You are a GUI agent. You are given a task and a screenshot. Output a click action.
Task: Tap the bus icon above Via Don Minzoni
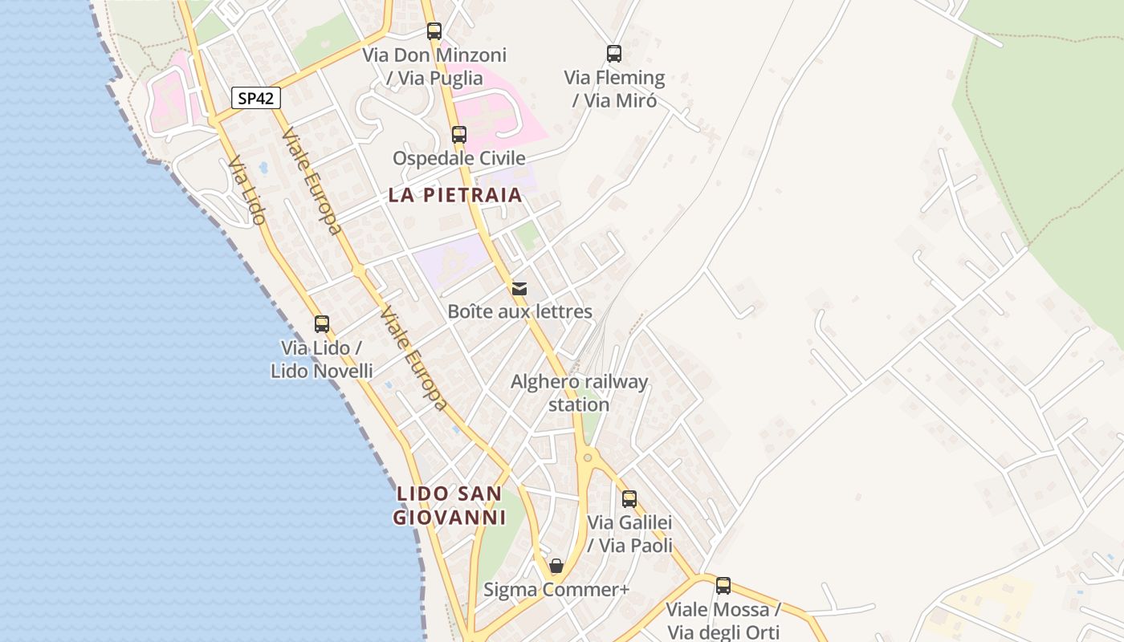[x=434, y=32]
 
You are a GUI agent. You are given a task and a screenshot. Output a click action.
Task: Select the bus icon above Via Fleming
[x=614, y=55]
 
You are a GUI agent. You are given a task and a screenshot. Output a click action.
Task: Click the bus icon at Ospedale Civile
[x=459, y=135]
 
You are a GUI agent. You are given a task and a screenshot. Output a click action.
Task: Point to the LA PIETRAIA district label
[x=455, y=195]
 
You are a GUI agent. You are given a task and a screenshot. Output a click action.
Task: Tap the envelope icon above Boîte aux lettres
[x=519, y=289]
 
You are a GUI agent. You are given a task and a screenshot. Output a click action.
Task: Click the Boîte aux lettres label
[x=519, y=311]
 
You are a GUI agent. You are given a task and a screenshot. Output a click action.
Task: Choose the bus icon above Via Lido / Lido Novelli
[x=322, y=324]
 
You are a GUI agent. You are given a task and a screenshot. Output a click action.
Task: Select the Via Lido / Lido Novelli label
[x=321, y=360]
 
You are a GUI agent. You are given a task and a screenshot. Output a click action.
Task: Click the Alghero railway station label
[x=579, y=393]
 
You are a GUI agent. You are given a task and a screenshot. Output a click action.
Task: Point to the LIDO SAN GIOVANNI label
[x=450, y=506]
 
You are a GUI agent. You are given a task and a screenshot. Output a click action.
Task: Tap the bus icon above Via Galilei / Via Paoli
[x=629, y=499]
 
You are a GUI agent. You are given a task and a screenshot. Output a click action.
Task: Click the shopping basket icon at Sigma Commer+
[x=556, y=567]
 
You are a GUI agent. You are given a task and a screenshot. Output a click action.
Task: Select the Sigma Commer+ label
[x=556, y=590]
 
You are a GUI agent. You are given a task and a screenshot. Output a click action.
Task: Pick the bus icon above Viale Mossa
[x=723, y=586]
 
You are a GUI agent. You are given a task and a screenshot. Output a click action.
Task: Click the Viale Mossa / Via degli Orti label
[x=723, y=620]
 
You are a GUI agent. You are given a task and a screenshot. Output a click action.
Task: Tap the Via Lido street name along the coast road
[x=246, y=190]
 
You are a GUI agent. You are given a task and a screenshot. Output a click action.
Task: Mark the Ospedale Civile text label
[x=458, y=158]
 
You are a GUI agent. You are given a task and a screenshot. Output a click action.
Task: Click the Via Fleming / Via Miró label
[x=614, y=89]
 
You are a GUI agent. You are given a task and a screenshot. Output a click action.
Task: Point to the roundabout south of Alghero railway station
[x=588, y=457]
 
